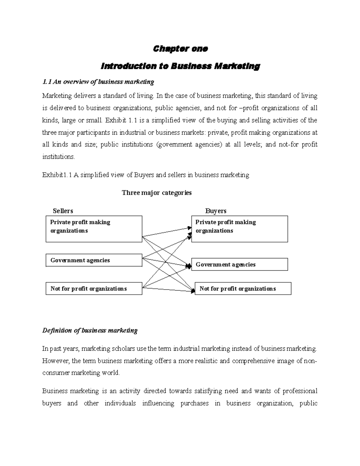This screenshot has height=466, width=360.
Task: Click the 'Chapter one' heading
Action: [180, 49]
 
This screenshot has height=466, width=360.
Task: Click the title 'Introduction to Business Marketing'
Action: [180, 66]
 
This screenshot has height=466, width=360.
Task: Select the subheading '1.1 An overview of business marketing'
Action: [98, 82]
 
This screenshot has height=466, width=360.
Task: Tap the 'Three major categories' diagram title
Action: [157, 193]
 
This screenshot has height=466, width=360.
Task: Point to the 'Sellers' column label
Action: [63, 211]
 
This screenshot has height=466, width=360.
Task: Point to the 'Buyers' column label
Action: [216, 211]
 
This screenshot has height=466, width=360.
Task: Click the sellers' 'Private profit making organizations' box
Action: [94, 229]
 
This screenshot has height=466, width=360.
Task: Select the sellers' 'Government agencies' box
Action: [94, 260]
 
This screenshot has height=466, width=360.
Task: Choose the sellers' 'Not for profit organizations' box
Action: [94, 289]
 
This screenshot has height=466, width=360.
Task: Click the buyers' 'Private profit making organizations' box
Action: [239, 229]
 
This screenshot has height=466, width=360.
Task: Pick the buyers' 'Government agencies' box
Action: [239, 264]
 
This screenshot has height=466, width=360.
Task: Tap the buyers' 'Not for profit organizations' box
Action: [243, 289]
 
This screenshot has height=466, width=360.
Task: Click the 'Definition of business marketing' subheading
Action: [90, 330]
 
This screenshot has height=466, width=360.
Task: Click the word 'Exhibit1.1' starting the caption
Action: [57, 175]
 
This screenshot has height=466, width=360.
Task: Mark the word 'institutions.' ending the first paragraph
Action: [59, 157]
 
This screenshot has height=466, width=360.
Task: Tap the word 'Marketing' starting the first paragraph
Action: [57, 96]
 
